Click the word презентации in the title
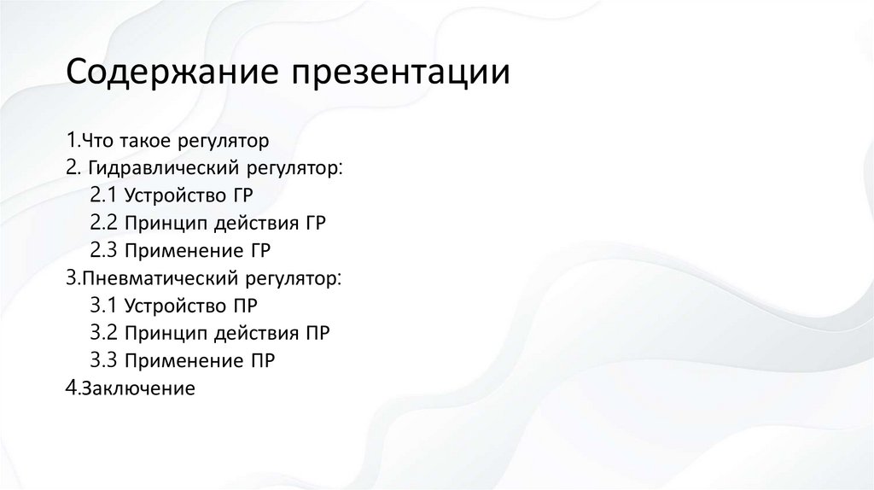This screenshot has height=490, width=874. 402,75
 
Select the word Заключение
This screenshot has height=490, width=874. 137,388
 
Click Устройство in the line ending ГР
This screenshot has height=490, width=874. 173,195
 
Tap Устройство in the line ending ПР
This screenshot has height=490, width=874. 173,305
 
